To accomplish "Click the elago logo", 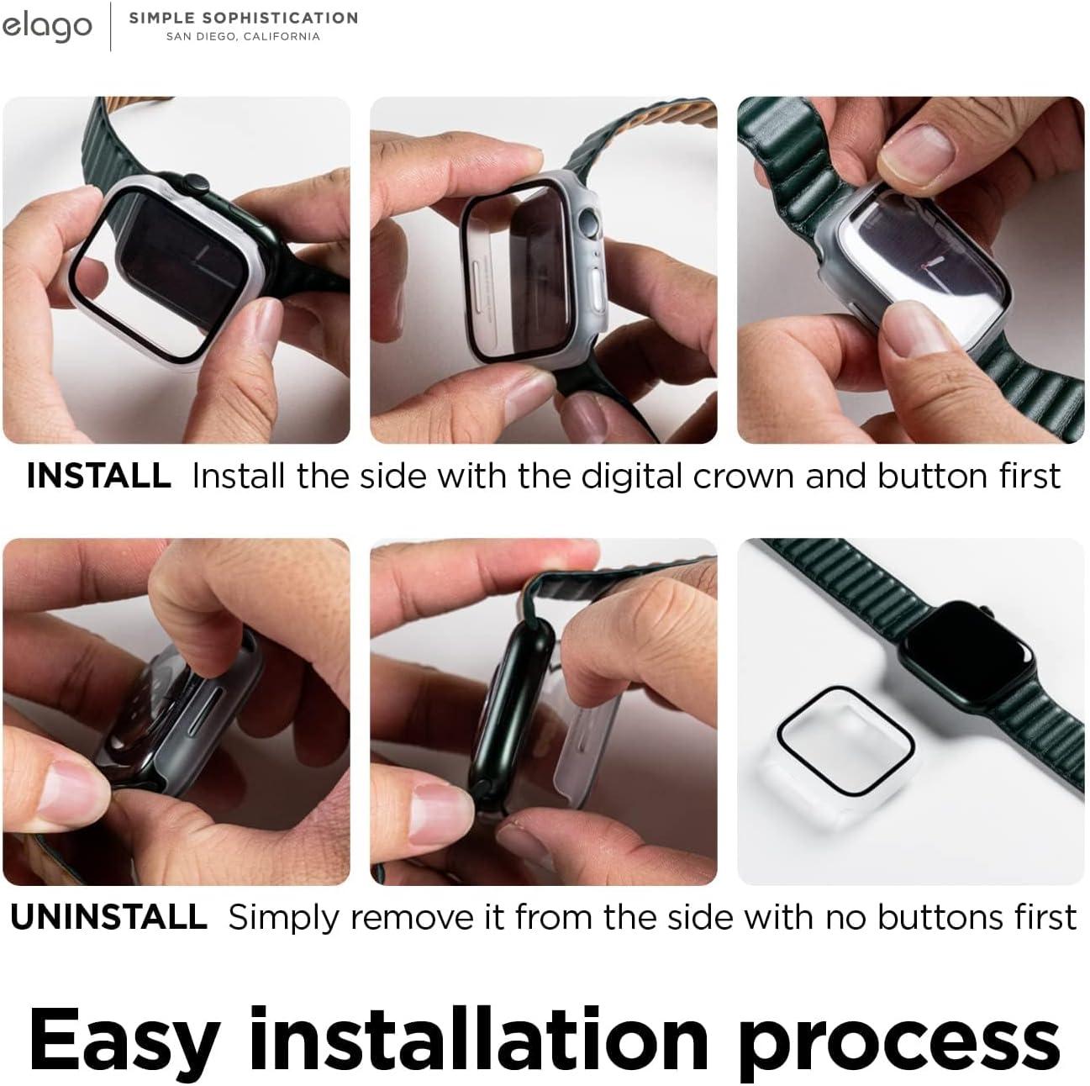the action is [x=46, y=26].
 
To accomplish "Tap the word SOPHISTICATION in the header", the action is [x=280, y=18].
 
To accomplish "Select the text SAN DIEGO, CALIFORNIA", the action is [x=243, y=37].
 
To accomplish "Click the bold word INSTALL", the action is [x=98, y=476].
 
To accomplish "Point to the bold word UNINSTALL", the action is [x=108, y=917].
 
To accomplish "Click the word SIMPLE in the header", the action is [x=161, y=18].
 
